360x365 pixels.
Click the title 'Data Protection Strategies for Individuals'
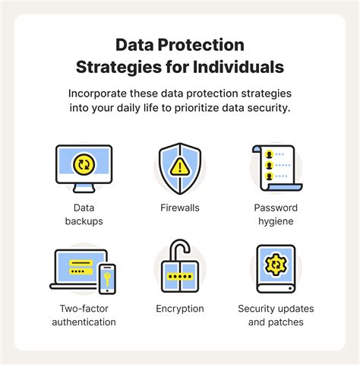180,56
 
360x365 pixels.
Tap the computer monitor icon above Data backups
84,167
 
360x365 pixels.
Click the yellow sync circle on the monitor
84,163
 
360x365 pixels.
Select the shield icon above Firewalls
180,168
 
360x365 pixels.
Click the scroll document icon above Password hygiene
276,168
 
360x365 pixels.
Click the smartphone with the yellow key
108,281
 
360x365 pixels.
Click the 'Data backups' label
84,214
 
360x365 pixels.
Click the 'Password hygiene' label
276,214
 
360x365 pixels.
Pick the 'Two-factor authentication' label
83,316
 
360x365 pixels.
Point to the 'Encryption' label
179,309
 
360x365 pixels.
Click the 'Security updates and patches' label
276,316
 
